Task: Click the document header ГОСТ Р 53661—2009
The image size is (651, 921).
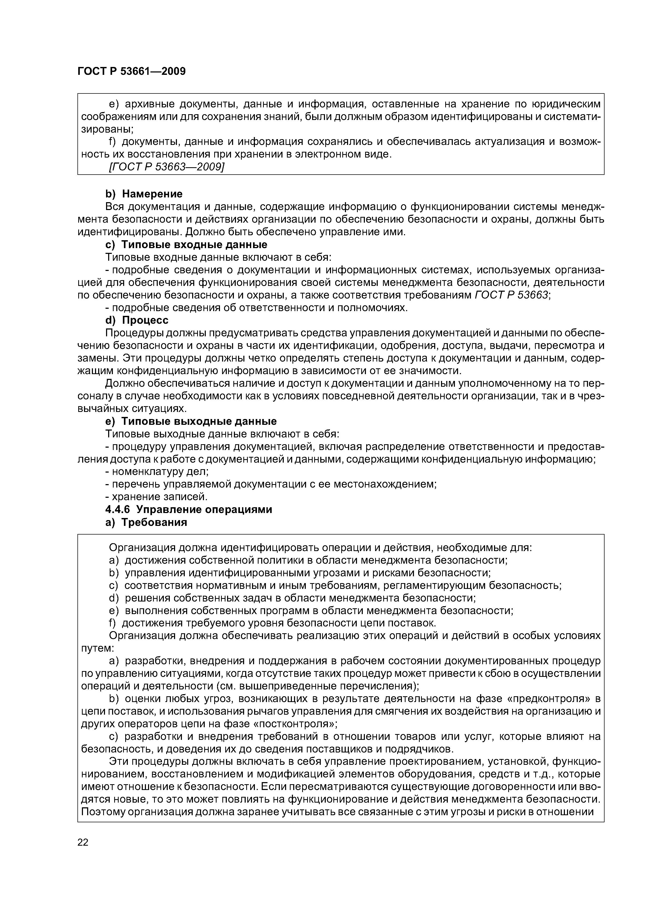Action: tap(132, 71)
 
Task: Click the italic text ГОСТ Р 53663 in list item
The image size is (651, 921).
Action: tap(511, 295)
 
